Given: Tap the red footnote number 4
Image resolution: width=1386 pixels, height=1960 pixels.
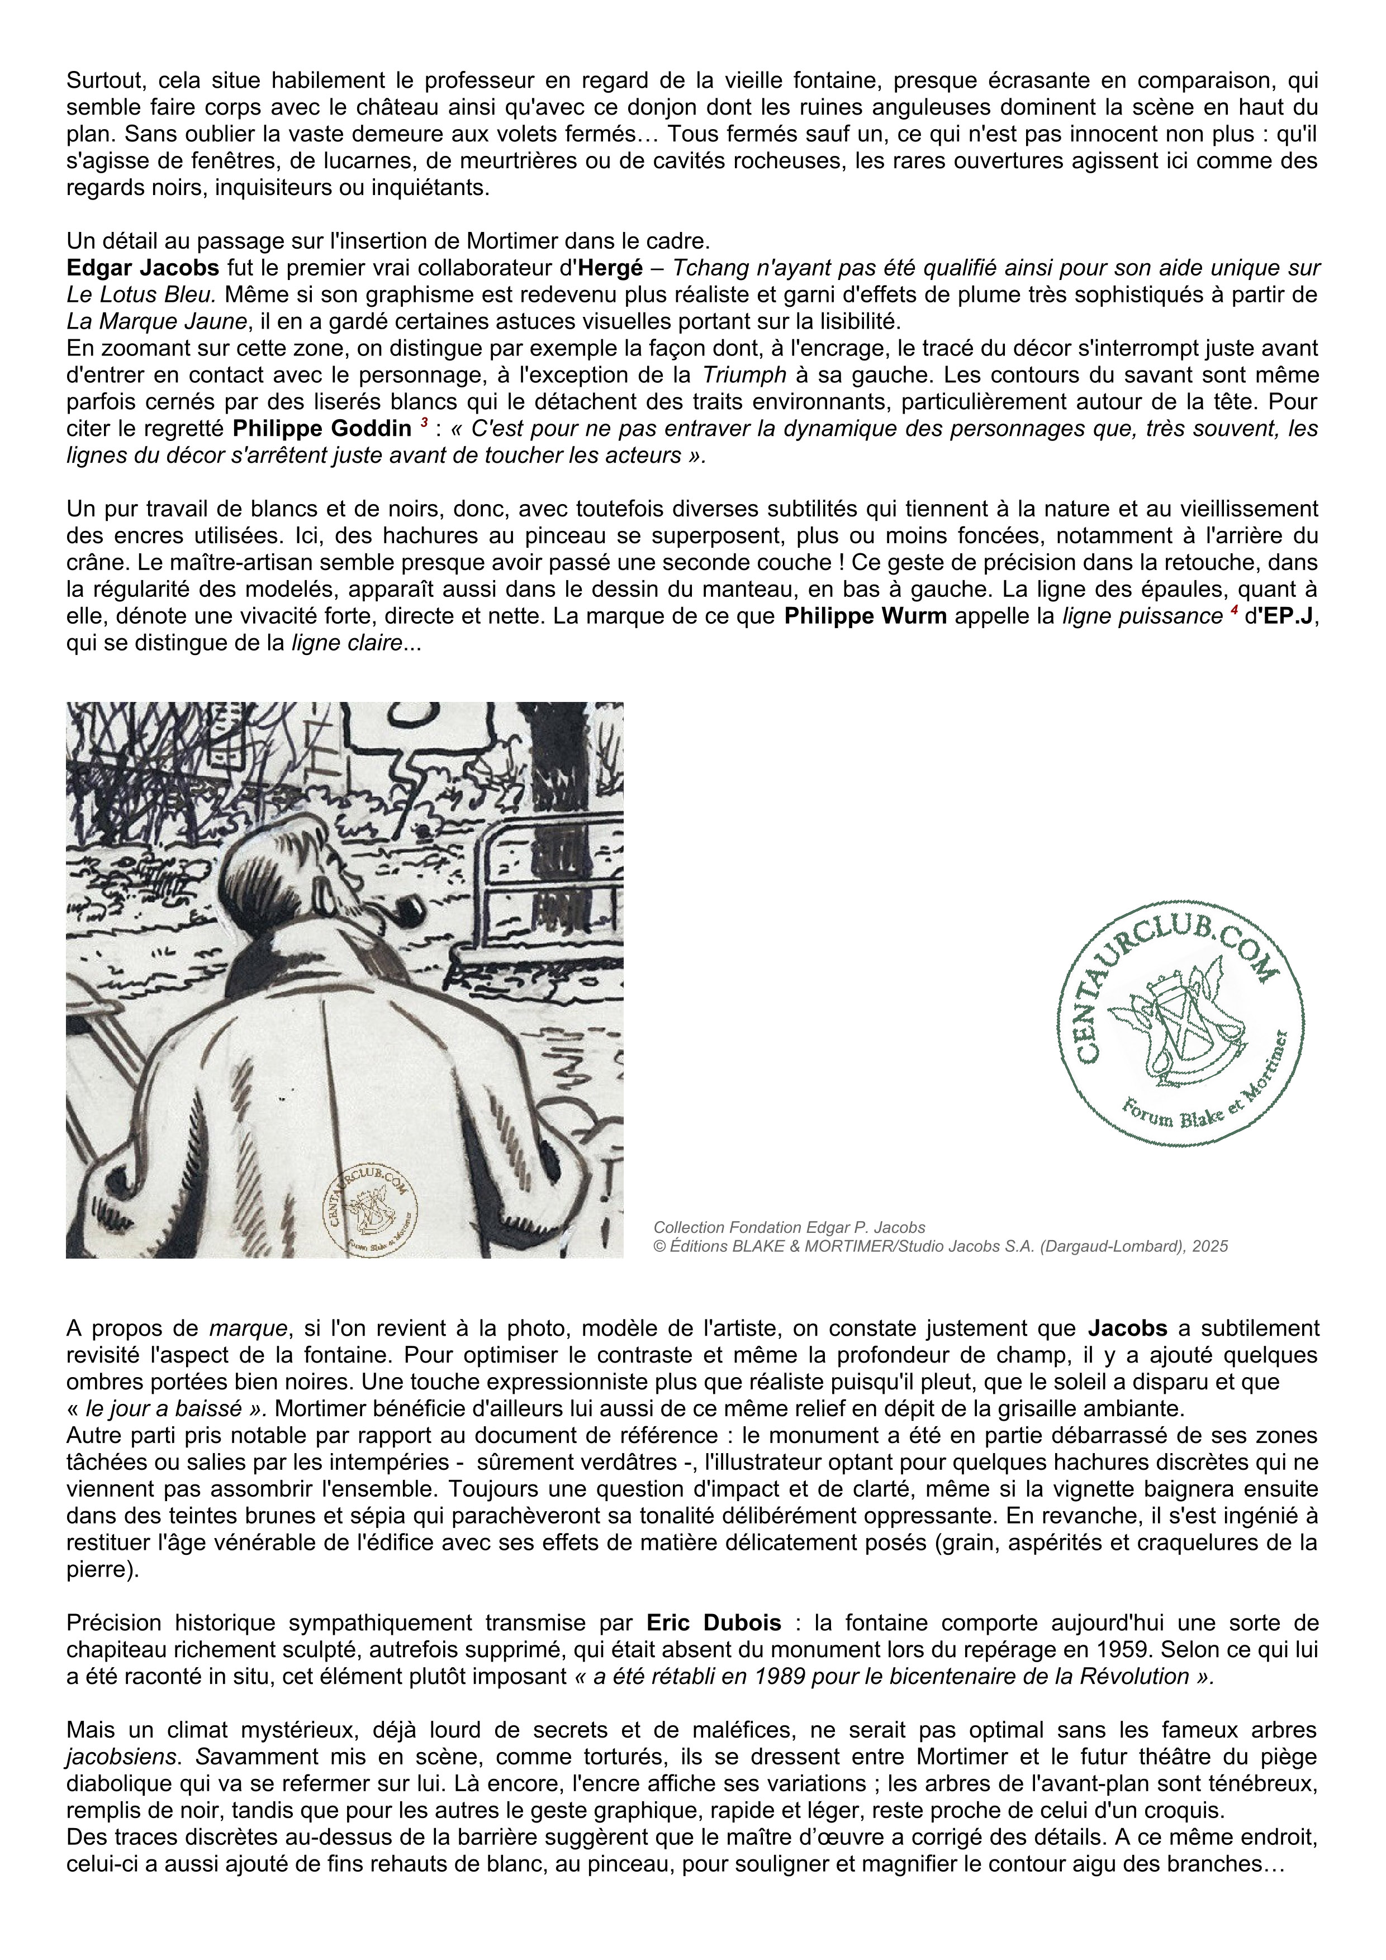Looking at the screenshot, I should coord(1233,610).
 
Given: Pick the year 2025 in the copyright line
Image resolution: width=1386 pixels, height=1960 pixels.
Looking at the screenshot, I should coord(1210,1246).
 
